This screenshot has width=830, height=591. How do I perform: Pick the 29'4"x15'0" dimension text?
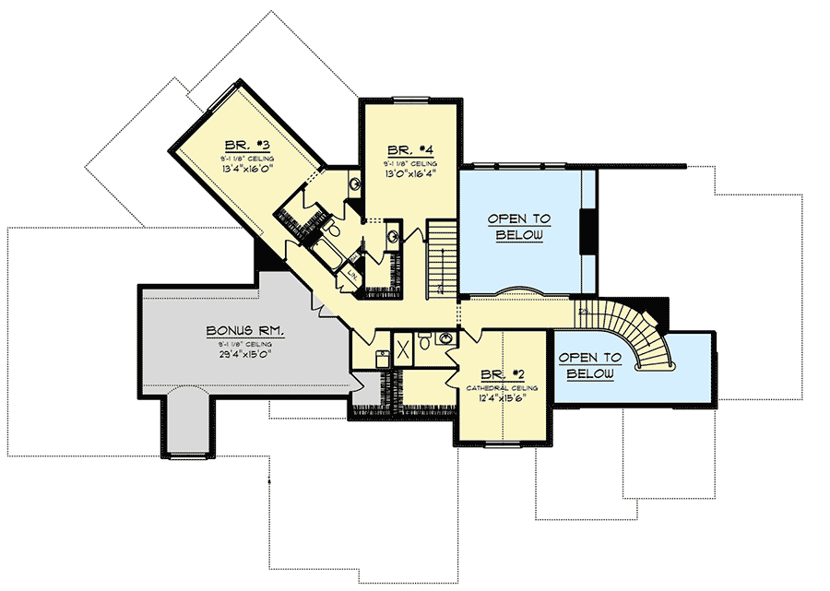click(244, 353)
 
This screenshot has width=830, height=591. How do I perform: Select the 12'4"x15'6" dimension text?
click(502, 398)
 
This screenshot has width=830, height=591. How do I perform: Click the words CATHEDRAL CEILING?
click(503, 387)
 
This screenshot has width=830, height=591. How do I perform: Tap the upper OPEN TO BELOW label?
click(519, 227)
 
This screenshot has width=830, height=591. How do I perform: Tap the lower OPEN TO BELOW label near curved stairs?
click(588, 365)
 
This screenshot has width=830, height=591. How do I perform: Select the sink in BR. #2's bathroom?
click(446, 338)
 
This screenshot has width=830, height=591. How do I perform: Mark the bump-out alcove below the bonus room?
click(189, 423)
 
